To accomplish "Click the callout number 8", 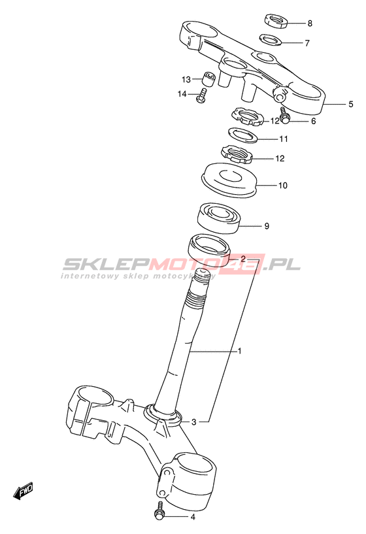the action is coord(310,24).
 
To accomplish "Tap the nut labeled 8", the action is coord(276,20).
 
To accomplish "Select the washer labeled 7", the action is coord(271,39).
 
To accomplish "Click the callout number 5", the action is coord(351,104).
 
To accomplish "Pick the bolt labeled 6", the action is coord(284,116).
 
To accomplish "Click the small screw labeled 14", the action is coord(201,95).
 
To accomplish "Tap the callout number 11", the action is coord(284,139).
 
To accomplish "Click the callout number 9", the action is coord(267,225).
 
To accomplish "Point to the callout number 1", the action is coord(239,350).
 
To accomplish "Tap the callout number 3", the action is coord(193,422).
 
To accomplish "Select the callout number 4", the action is coord(193,517).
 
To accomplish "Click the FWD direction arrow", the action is coord(23,491).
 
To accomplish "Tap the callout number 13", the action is coord(186,79).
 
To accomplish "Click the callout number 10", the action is coord(283,185).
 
